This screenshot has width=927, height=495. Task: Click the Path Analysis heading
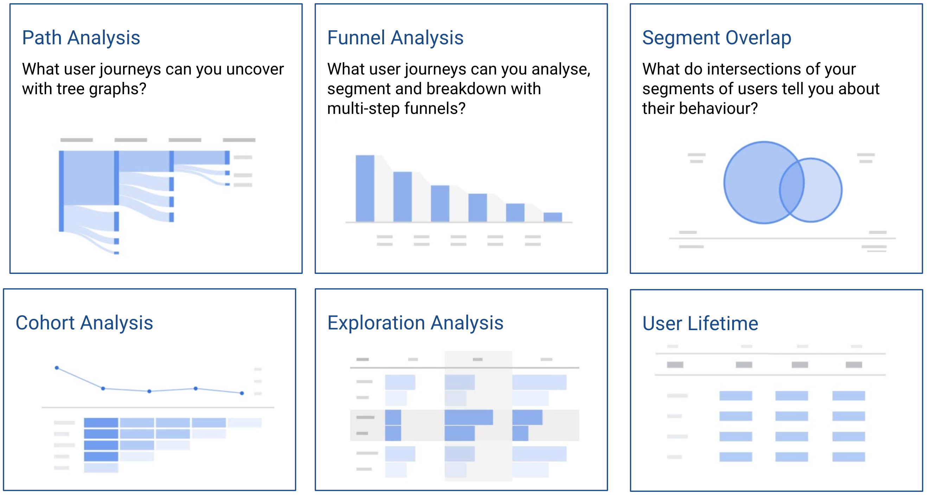click(81, 38)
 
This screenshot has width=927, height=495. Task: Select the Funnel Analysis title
click(395, 38)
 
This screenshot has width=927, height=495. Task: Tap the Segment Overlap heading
click(716, 38)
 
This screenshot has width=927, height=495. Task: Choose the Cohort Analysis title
click(84, 323)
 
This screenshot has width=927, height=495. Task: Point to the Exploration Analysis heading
click(415, 323)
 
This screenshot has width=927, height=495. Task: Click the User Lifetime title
click(700, 323)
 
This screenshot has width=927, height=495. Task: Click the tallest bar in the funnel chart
click(365, 188)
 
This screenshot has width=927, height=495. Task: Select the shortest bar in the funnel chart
click(552, 217)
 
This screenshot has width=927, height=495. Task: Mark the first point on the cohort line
click(57, 368)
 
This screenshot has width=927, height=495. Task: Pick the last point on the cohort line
click(242, 393)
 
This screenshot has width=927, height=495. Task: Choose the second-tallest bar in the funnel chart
click(402, 197)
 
